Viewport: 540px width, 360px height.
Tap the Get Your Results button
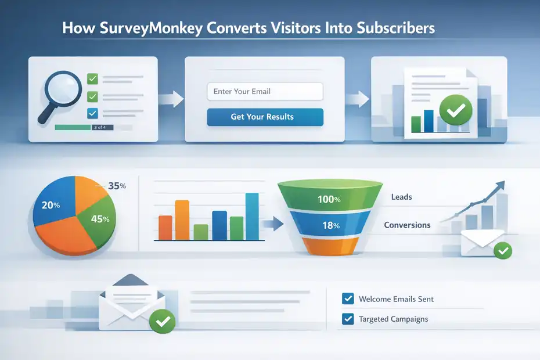(x=265, y=117)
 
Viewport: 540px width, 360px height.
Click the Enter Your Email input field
(x=265, y=91)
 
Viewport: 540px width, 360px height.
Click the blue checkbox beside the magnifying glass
(x=92, y=113)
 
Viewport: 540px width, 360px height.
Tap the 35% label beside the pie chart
(x=117, y=186)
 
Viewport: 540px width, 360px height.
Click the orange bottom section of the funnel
(x=329, y=247)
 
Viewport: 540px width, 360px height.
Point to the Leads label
(x=401, y=197)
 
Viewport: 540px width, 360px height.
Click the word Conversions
(x=407, y=225)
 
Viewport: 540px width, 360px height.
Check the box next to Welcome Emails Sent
(x=348, y=299)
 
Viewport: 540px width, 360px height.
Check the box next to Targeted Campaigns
(x=348, y=319)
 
